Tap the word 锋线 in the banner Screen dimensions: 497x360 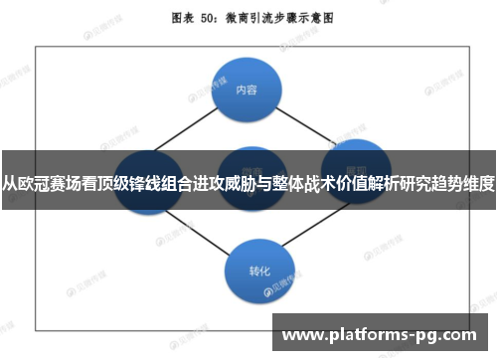[x=132, y=182]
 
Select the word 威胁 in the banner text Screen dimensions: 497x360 [x=236, y=182]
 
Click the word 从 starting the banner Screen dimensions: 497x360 [x=9, y=182]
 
